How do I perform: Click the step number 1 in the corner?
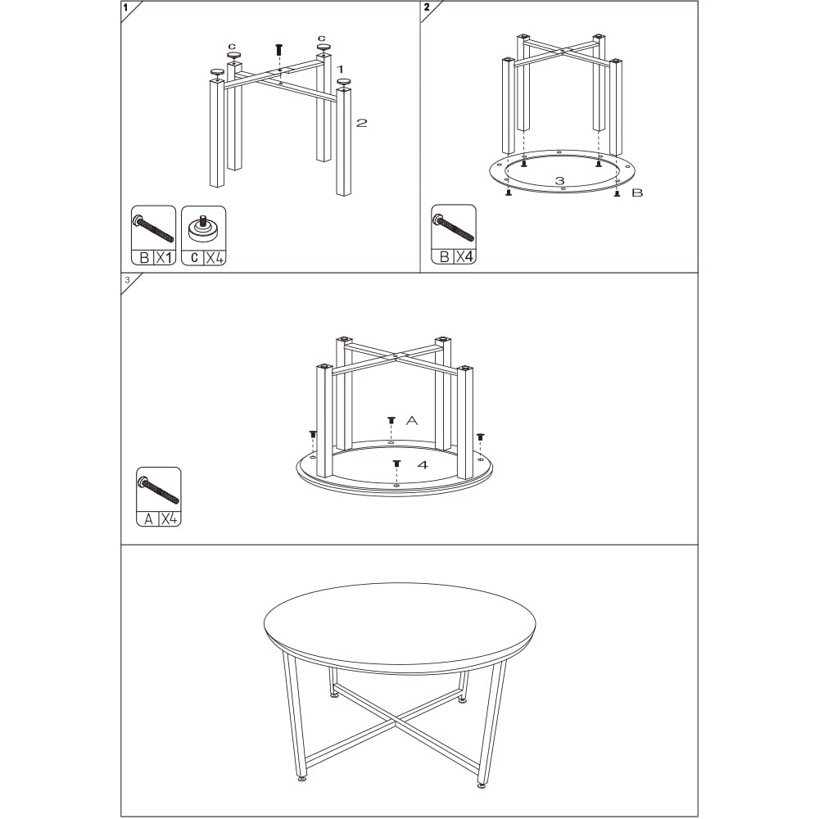125,7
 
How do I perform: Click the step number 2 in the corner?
427,7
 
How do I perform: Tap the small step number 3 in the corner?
127,280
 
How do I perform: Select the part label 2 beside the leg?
361,123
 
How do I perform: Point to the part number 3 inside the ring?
559,180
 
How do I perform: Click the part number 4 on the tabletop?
423,464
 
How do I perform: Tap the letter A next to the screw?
412,420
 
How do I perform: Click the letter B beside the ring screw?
638,193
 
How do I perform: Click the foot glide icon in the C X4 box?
203,227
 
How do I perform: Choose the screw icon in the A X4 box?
159,489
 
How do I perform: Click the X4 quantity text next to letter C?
214,257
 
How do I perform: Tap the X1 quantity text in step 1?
165,257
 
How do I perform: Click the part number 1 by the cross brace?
339,70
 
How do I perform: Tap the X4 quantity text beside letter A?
170,518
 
